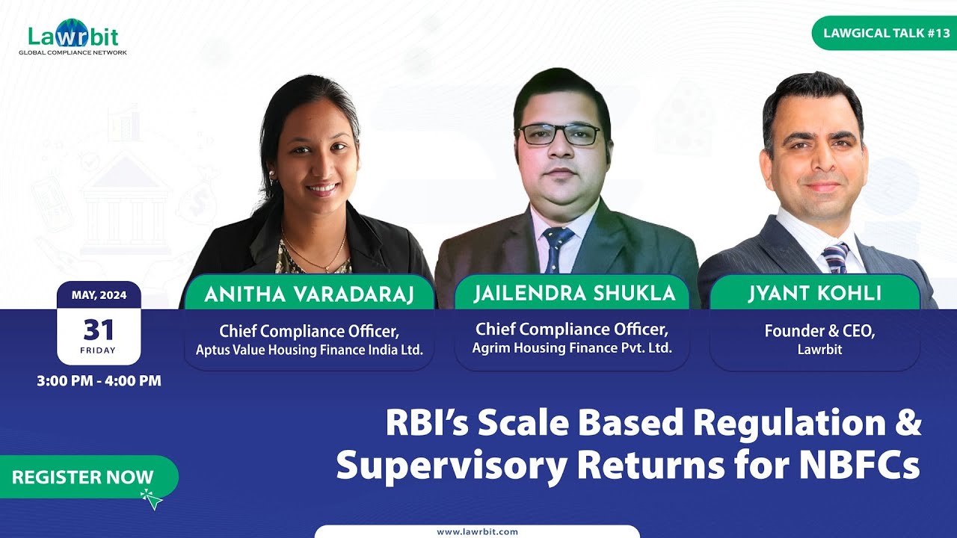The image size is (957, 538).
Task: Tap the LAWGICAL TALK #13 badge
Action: (x=886, y=34)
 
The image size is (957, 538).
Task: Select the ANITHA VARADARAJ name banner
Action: (x=308, y=294)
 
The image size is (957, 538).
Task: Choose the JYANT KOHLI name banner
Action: (x=814, y=294)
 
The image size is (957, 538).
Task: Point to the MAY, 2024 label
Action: (x=99, y=295)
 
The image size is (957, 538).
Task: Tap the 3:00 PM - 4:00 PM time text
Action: (x=99, y=380)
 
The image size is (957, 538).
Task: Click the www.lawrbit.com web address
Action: (x=477, y=531)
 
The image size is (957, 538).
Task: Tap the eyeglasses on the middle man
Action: (x=559, y=134)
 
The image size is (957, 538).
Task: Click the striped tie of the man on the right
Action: (x=834, y=258)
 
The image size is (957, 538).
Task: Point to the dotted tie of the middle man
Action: (x=556, y=247)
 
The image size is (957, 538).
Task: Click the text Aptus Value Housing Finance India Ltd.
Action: (x=309, y=349)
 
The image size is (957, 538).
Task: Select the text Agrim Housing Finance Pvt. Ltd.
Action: (x=571, y=347)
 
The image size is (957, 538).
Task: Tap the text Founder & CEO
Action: (x=819, y=331)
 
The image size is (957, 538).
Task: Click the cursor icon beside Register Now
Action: (x=152, y=499)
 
